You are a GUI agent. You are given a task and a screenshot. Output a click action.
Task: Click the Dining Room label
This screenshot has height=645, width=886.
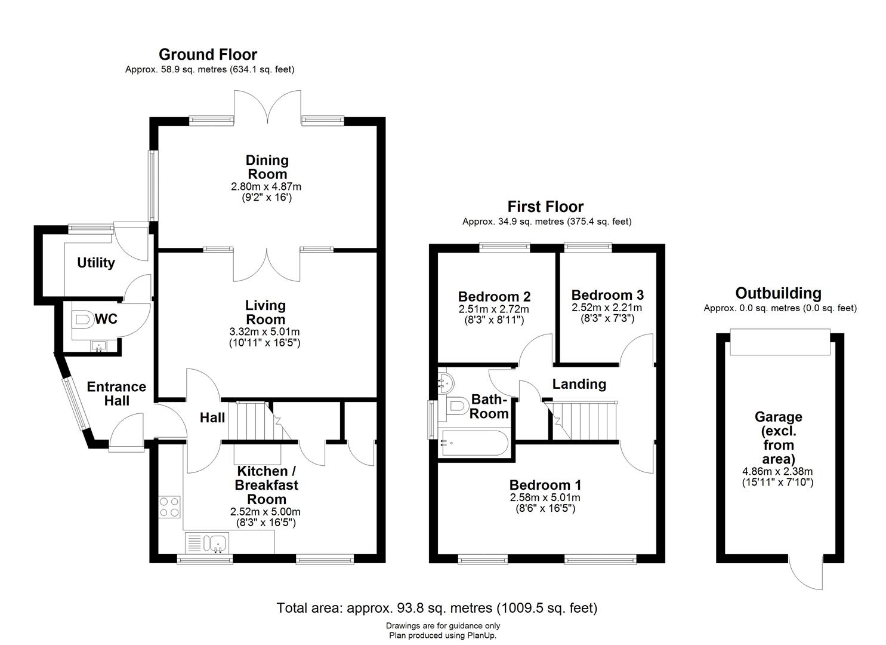coord(267,167)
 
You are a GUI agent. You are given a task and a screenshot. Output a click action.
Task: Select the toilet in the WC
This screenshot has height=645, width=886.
coord(81,319)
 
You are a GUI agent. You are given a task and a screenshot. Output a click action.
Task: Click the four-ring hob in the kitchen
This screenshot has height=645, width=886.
coord(169,507)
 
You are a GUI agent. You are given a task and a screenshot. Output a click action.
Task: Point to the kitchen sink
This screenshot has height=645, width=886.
coord(217,543)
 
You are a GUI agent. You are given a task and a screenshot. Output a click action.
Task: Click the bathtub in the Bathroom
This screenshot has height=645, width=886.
coord(473,444)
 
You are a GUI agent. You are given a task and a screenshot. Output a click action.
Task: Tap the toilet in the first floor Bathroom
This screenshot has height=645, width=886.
coord(455,406)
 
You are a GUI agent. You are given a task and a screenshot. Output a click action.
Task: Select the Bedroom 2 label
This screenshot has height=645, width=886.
coord(494,297)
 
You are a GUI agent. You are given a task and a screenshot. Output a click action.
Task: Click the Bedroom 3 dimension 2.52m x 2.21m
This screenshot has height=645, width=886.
coord(607,308)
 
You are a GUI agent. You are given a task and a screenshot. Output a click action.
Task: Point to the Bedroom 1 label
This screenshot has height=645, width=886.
coord(545,485)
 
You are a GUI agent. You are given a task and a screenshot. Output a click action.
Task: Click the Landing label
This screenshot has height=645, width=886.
coord(579,384)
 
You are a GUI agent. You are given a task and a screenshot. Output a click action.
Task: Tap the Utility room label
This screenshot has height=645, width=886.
coord(95,263)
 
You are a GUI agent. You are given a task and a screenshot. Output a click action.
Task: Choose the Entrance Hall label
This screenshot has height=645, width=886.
coord(116,394)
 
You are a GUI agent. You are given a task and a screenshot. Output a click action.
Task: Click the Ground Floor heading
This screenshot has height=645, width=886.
coord(208,54)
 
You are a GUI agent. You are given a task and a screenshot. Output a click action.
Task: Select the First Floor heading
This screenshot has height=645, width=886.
coord(545,207)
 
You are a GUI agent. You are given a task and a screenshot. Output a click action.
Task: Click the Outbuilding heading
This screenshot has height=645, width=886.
coord(778,293)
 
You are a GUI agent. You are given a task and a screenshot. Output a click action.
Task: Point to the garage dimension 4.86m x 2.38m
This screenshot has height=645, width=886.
coord(778,471)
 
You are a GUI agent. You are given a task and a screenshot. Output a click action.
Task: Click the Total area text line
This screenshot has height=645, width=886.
coord(437,608)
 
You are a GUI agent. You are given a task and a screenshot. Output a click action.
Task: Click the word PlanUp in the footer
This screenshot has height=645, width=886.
coord(481,635)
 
